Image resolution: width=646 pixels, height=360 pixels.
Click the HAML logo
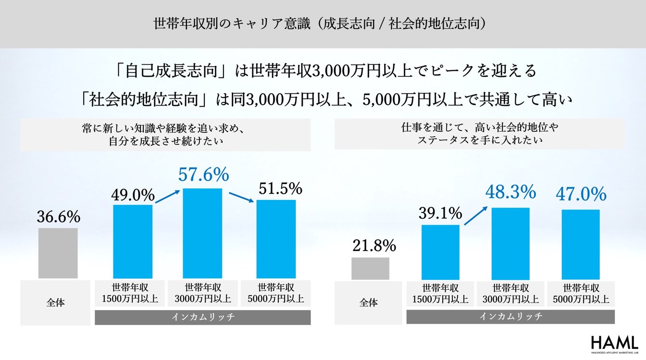tap(614, 343)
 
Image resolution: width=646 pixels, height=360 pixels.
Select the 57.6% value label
tap(203, 175)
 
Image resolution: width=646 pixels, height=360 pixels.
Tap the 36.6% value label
tap(58, 217)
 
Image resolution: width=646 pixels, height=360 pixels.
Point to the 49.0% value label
tap(133, 195)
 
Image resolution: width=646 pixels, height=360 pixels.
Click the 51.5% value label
tap(280, 188)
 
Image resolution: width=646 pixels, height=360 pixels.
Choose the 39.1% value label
tap(440, 213)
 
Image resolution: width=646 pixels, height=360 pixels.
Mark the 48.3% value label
tap(510, 192)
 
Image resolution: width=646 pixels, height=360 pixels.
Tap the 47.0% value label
tap(581, 195)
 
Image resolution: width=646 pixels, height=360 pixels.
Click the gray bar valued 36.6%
tap(58, 253)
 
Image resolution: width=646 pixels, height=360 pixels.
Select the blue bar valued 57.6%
tap(203, 233)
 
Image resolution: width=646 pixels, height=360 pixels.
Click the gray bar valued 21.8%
tap(370, 268)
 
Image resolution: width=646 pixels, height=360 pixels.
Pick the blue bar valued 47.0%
tap(581, 244)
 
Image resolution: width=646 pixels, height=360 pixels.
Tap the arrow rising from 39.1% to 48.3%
tap(476, 215)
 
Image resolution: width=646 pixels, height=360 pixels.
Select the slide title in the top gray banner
tap(323, 23)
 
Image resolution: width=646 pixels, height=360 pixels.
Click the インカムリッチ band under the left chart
tap(203, 317)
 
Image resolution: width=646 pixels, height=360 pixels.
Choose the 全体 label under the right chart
tap(369, 303)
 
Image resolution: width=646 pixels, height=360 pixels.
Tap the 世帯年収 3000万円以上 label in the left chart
tap(203, 293)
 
